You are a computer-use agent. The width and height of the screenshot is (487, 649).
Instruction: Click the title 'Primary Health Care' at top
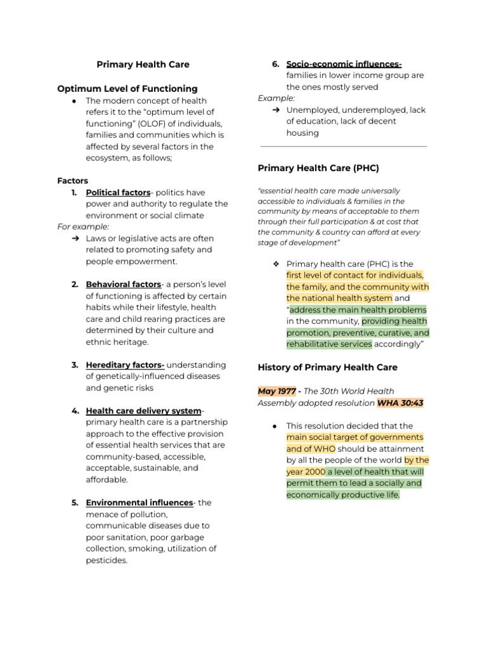click(143, 64)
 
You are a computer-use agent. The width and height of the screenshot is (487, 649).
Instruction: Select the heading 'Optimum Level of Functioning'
click(127, 89)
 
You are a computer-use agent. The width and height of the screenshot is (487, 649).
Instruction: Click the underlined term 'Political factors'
click(118, 193)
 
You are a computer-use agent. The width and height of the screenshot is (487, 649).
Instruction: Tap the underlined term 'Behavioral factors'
click(123, 285)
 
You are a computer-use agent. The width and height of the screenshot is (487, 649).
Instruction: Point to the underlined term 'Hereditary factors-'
click(125, 365)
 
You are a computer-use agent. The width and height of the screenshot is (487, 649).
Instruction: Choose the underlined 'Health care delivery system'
click(143, 411)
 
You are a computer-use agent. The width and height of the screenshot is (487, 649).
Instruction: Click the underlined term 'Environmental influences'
click(139, 503)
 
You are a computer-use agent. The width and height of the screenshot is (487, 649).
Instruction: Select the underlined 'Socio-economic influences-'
click(344, 64)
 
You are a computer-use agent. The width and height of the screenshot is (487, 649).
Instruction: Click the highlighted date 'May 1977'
click(276, 392)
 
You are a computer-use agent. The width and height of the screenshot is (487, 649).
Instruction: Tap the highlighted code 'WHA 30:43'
click(400, 403)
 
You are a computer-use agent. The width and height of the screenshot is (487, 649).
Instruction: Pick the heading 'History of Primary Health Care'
click(327, 368)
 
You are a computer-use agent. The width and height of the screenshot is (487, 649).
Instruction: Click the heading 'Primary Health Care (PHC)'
click(318, 168)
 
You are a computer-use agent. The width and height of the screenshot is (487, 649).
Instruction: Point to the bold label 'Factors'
click(73, 181)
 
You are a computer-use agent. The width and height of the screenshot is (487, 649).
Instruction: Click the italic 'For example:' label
click(83, 227)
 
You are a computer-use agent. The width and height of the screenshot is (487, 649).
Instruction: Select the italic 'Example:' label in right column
click(276, 98)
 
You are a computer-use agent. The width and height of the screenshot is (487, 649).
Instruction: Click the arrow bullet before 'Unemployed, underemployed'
click(276, 110)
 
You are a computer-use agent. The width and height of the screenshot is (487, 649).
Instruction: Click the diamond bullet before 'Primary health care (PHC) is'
click(276, 264)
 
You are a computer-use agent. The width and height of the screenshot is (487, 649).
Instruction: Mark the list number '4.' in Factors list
click(75, 411)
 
